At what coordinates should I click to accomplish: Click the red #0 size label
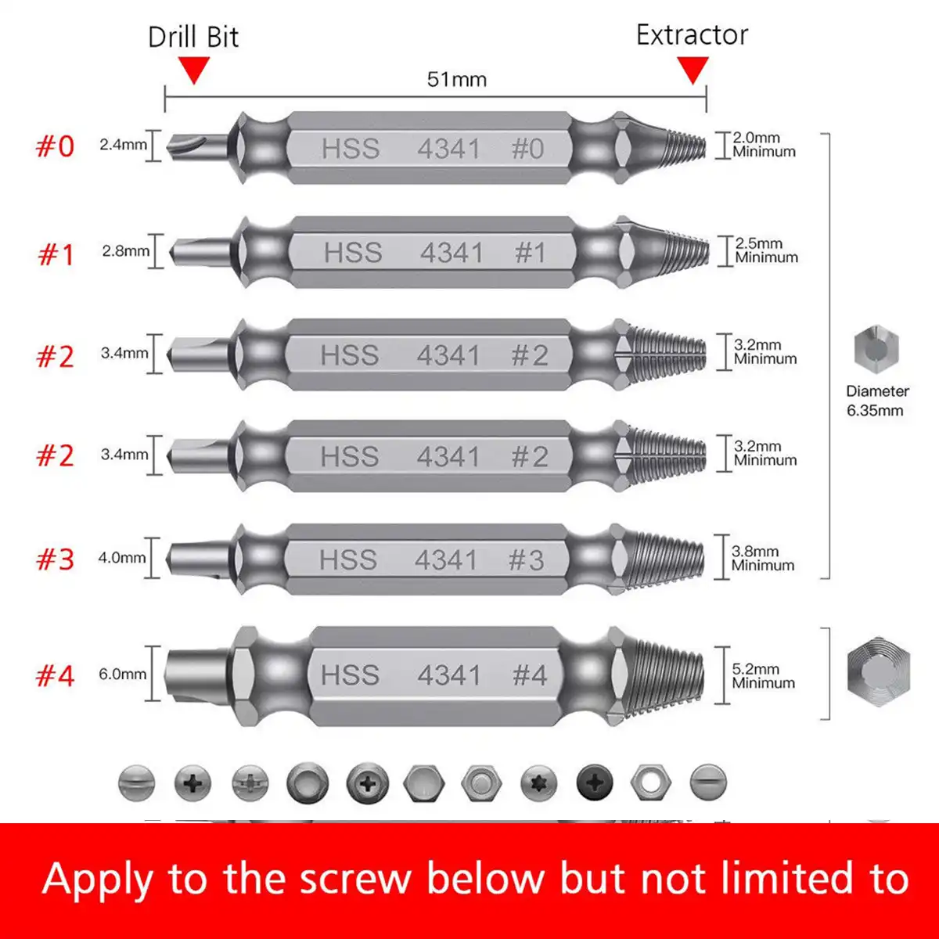[55, 146]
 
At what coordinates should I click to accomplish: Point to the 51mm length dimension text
[456, 80]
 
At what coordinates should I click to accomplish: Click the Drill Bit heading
[193, 38]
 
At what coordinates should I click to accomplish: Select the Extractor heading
[692, 35]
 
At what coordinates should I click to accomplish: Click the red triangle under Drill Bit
[194, 72]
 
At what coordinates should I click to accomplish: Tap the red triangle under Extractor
[692, 71]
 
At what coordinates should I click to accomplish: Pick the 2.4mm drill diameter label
[123, 145]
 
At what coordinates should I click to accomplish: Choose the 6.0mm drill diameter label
[122, 674]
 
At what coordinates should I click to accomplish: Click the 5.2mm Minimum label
[762, 676]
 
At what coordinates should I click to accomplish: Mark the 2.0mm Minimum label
[763, 145]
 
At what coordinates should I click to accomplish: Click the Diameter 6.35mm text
[876, 401]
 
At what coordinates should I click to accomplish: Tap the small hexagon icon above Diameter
[876, 349]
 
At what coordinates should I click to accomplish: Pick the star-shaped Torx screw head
[538, 782]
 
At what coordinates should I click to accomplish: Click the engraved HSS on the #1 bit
[353, 253]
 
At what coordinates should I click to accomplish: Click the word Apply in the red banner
[97, 880]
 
